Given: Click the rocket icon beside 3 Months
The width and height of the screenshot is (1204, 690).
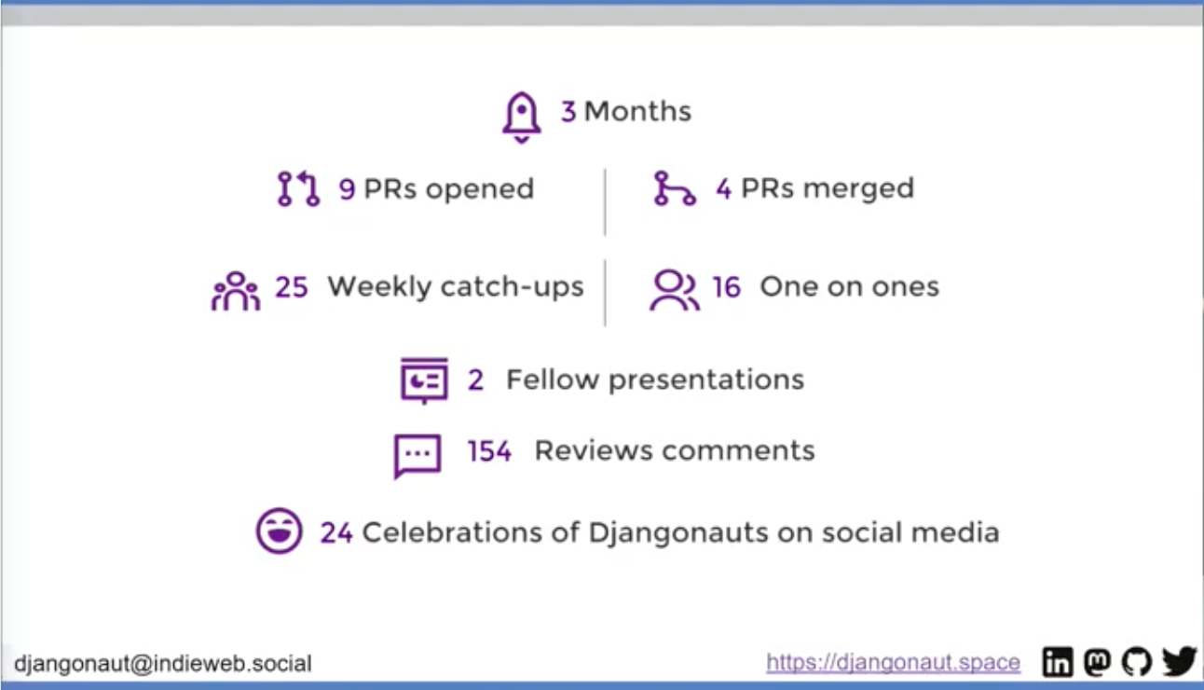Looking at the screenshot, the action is pos(521,117).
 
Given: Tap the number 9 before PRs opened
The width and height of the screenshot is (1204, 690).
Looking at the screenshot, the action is pos(347,189).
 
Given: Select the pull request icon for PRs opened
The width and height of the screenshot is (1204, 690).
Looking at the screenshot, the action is pos(298,188).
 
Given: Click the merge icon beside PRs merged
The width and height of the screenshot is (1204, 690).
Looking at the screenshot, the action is pos(675,188).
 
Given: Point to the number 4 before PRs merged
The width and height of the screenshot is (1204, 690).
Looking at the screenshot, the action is pos(723,189).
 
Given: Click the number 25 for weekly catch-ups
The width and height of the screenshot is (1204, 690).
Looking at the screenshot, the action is pos(292,286).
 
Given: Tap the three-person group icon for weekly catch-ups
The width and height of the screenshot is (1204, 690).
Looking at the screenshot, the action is pos(236,291).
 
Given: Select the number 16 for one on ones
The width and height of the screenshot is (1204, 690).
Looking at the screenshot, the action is pos(727,286).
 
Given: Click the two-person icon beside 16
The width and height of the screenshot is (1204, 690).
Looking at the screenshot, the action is pos(675,290).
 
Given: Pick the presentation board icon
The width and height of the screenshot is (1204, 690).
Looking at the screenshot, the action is pos(424,379).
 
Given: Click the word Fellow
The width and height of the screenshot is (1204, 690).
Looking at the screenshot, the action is pos(553,379).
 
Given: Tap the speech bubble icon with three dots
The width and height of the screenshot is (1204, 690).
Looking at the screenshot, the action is pos(417,456).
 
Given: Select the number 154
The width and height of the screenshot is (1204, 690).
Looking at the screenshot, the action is pos(489,450).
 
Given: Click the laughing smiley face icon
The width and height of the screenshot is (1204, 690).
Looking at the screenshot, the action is pos(279,531).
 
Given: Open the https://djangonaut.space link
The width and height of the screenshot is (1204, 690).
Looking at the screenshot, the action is pos(894,662).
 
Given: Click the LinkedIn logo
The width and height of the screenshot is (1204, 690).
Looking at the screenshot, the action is pos(1058,661).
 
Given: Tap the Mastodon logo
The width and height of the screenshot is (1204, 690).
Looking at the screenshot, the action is pos(1097,661).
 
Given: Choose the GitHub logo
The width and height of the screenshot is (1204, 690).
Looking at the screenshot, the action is pos(1137,661).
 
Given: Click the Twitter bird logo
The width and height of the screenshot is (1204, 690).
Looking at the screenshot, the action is pos(1179,661).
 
